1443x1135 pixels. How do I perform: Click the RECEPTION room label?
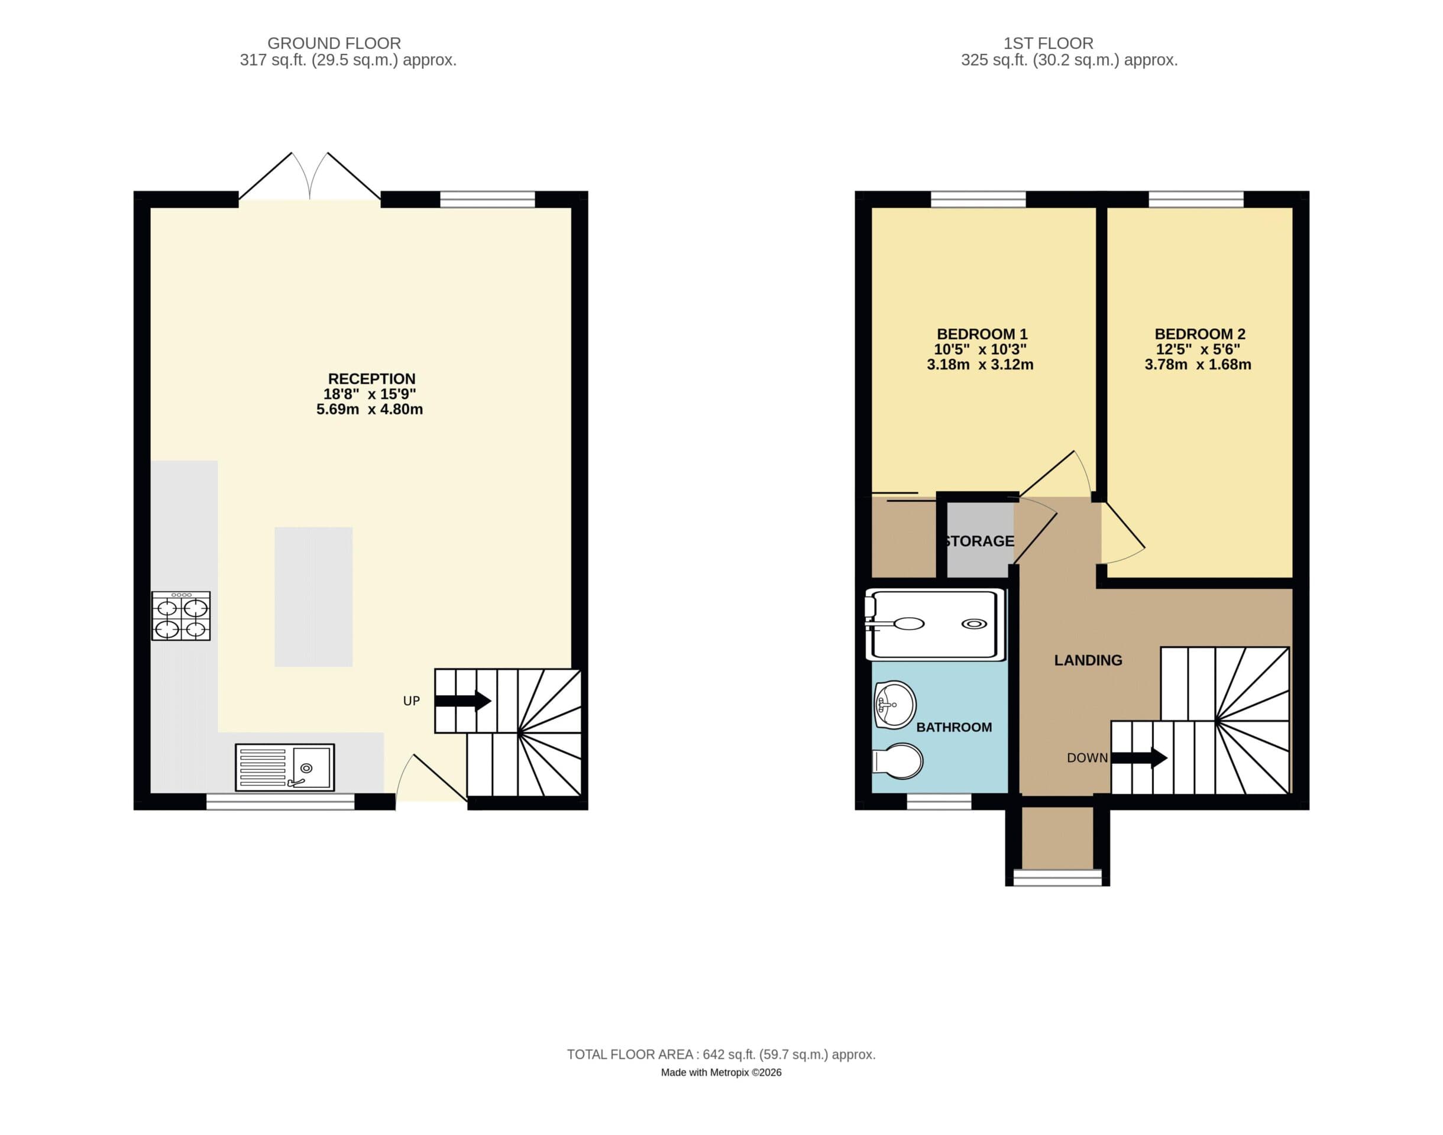pos(371,379)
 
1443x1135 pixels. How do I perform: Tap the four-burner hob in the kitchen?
pos(181,616)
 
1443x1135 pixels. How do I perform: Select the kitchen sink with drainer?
pos(284,767)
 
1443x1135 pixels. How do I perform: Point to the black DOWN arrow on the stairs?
pos(1139,757)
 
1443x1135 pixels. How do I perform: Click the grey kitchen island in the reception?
pos(313,596)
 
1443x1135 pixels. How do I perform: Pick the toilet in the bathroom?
pos(899,760)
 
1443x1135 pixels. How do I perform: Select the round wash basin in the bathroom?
pos(895,705)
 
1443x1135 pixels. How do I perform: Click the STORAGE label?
pos(978,541)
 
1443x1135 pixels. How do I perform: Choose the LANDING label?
pos(1088,660)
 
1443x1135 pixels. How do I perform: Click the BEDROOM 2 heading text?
pos(1199,334)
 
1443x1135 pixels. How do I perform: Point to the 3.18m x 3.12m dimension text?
pos(980,364)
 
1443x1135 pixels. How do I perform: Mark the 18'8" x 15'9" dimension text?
pos(370,394)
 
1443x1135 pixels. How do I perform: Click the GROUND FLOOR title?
pos(334,43)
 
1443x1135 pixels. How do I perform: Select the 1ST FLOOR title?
pos(1047,43)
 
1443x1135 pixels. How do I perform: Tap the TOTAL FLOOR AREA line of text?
pos(720,1054)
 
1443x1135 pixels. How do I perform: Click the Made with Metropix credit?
pos(720,1072)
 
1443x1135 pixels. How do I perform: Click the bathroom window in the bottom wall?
pos(939,803)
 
